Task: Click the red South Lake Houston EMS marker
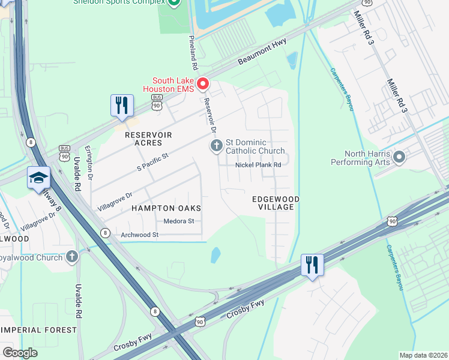point(203,83)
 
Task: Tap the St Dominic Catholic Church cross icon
point(216,145)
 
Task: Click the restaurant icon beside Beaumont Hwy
point(122,106)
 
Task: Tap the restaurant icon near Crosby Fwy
point(312,265)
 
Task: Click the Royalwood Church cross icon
point(72,257)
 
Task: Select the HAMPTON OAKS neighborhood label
point(166,208)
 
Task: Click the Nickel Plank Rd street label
point(258,165)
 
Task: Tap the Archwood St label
point(139,235)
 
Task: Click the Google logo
point(20,352)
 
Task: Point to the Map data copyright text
point(423,355)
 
